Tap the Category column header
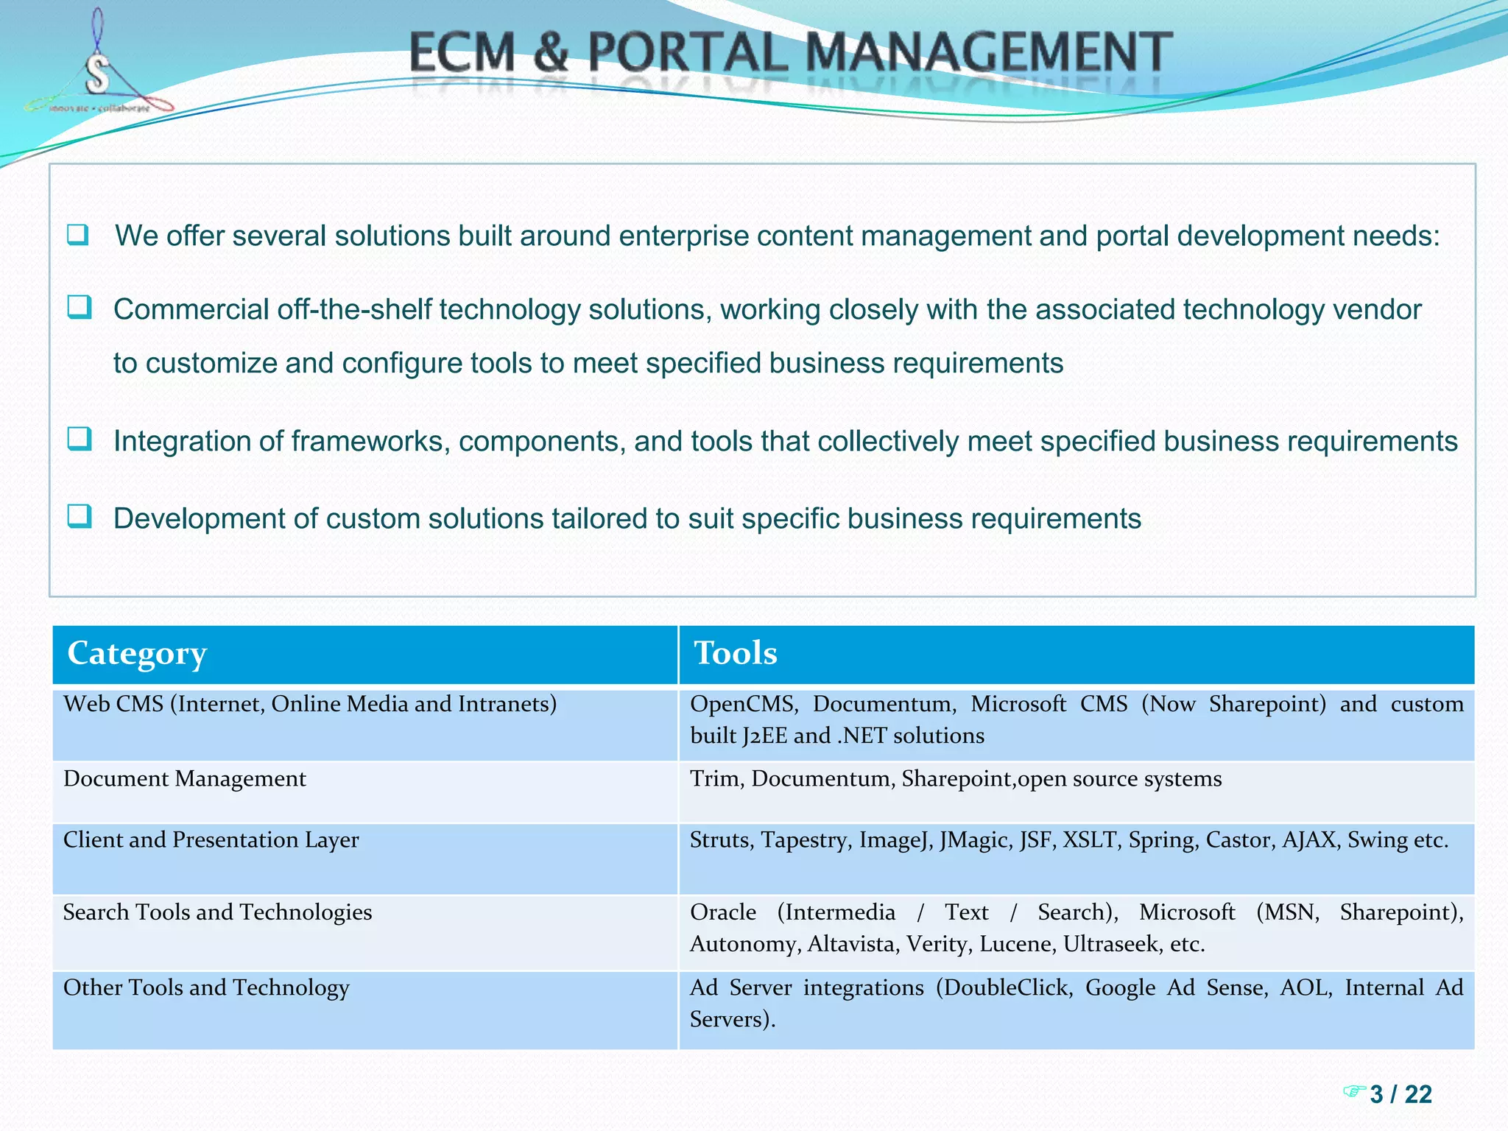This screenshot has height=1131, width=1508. [x=137, y=653]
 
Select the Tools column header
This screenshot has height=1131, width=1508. [x=735, y=653]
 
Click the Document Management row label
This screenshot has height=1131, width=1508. [x=185, y=779]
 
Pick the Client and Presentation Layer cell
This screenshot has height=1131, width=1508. [x=211, y=840]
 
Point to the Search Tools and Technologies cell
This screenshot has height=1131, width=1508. [x=217, y=912]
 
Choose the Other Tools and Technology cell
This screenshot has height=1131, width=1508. [x=206, y=987]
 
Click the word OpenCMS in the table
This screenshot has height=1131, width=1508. [x=743, y=704]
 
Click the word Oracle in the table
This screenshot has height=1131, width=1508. [x=722, y=912]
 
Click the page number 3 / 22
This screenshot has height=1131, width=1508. [x=1400, y=1094]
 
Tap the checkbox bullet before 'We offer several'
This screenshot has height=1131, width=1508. [x=78, y=235]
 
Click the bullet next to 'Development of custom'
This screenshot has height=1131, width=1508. [x=79, y=516]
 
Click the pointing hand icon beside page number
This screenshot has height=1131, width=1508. [x=1354, y=1091]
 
